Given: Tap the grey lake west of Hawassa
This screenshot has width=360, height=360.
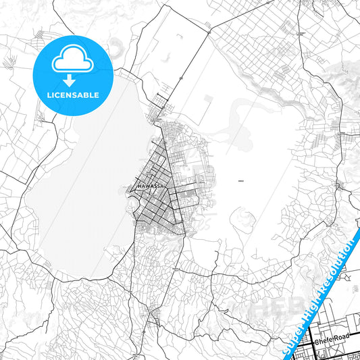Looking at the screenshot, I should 81,182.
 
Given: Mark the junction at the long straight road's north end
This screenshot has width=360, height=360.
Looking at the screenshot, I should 207,30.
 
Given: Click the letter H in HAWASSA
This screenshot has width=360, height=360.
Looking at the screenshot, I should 138,186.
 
